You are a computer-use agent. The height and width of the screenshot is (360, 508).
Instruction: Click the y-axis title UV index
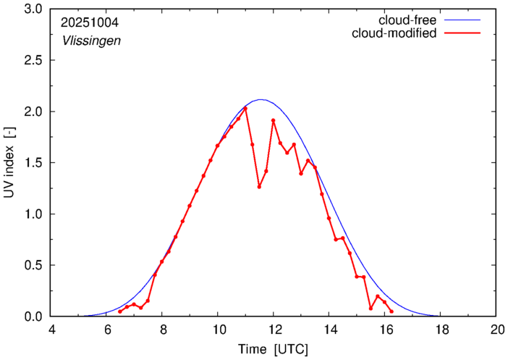(10, 163)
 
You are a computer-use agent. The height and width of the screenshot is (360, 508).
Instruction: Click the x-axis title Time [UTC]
(274, 349)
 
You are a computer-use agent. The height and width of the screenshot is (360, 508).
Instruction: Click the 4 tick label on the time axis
(51, 329)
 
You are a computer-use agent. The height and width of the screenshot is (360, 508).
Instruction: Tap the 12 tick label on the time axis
(274, 329)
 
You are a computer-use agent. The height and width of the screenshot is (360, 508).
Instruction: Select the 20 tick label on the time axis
(496, 329)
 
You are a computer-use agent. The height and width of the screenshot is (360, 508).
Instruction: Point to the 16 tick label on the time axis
(385, 329)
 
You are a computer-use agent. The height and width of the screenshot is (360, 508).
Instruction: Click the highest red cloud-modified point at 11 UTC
(246, 109)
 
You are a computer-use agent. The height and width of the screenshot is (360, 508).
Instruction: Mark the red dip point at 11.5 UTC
(260, 187)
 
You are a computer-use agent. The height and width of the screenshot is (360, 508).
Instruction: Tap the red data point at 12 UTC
(274, 120)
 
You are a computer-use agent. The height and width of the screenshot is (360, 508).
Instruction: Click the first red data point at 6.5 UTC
(120, 311)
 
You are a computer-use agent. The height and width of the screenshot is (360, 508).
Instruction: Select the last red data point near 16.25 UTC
(391, 311)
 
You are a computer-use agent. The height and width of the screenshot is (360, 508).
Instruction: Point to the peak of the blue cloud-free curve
(261, 100)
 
